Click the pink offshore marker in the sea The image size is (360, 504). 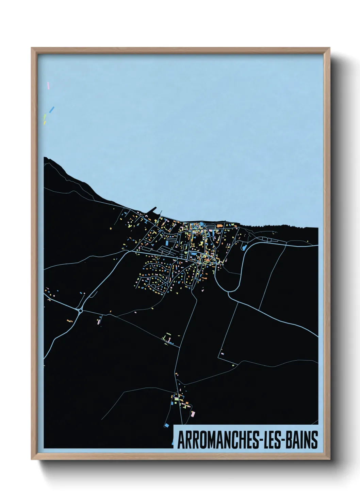coord(48,85)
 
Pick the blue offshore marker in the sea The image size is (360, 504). coord(52,110)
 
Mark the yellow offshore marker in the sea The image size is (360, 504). coord(45,123)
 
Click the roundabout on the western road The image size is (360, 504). coord(81,310)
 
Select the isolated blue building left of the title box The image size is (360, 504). coord(166,425)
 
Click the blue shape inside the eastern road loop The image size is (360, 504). coord(244,247)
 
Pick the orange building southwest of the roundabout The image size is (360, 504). coord(70,321)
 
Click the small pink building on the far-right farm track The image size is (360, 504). coord(222,353)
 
